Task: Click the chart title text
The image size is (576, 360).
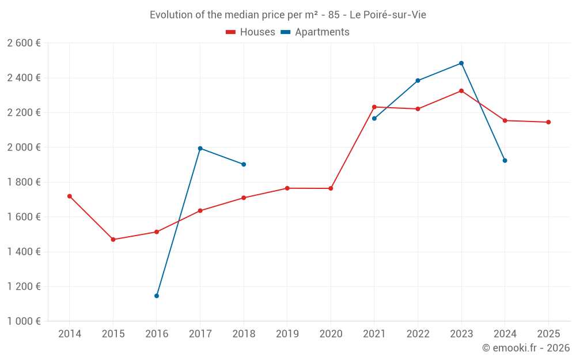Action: click(x=287, y=14)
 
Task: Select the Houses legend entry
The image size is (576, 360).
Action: click(x=251, y=32)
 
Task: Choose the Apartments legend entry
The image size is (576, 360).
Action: click(x=316, y=32)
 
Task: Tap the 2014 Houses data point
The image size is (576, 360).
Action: click(x=70, y=196)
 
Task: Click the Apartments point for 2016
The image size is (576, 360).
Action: click(x=157, y=296)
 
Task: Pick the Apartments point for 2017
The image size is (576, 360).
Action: click(x=200, y=149)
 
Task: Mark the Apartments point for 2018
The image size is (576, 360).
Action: click(x=244, y=164)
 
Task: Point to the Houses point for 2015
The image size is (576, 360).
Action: click(x=113, y=240)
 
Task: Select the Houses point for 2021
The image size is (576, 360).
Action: click(x=374, y=107)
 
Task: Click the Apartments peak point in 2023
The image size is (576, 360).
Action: click(x=461, y=63)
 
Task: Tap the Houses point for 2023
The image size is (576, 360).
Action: click(x=461, y=91)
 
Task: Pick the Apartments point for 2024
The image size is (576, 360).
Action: click(x=505, y=161)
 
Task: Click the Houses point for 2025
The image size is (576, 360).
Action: click(x=548, y=122)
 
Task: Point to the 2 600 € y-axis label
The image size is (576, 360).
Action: click(x=24, y=43)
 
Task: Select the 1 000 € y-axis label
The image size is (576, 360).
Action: click(x=24, y=321)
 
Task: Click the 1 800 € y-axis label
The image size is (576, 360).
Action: click(x=24, y=182)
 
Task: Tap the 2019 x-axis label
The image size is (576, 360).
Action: click(x=287, y=334)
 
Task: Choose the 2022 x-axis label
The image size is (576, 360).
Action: click(x=418, y=334)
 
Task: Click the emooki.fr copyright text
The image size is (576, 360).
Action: click(x=525, y=348)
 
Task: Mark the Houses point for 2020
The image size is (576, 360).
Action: click(x=331, y=188)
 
